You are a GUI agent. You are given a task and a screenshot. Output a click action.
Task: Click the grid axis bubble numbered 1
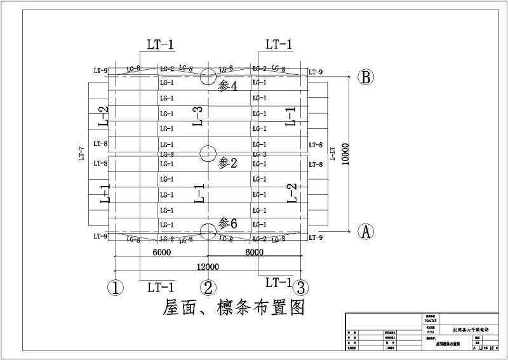pos(114,288)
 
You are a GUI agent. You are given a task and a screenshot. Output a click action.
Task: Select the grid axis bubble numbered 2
pos(208,288)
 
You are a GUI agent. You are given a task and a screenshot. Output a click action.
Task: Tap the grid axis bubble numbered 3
pos(302,288)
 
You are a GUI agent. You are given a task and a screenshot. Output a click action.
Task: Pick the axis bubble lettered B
pos(366,77)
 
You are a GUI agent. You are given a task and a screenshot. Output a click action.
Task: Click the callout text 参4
pos(227,85)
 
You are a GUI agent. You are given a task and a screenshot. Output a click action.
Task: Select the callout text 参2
pos(227,163)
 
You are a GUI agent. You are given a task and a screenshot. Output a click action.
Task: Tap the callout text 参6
pos(228,223)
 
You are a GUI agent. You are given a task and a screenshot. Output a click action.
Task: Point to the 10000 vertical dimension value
pos(345,153)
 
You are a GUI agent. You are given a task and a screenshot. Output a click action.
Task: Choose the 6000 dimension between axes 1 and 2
pos(161,252)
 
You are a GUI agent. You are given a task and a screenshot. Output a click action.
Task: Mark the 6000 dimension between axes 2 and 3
pos(254,252)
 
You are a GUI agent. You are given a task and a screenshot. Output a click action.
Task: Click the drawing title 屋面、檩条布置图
pos(234,308)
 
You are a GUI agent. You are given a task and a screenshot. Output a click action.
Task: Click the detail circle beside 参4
pos(208,77)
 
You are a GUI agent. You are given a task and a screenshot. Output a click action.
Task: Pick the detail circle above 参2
pos(208,153)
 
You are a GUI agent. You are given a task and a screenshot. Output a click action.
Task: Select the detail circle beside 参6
pos(208,231)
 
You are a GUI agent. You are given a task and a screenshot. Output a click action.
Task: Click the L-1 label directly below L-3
pos(199,193)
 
